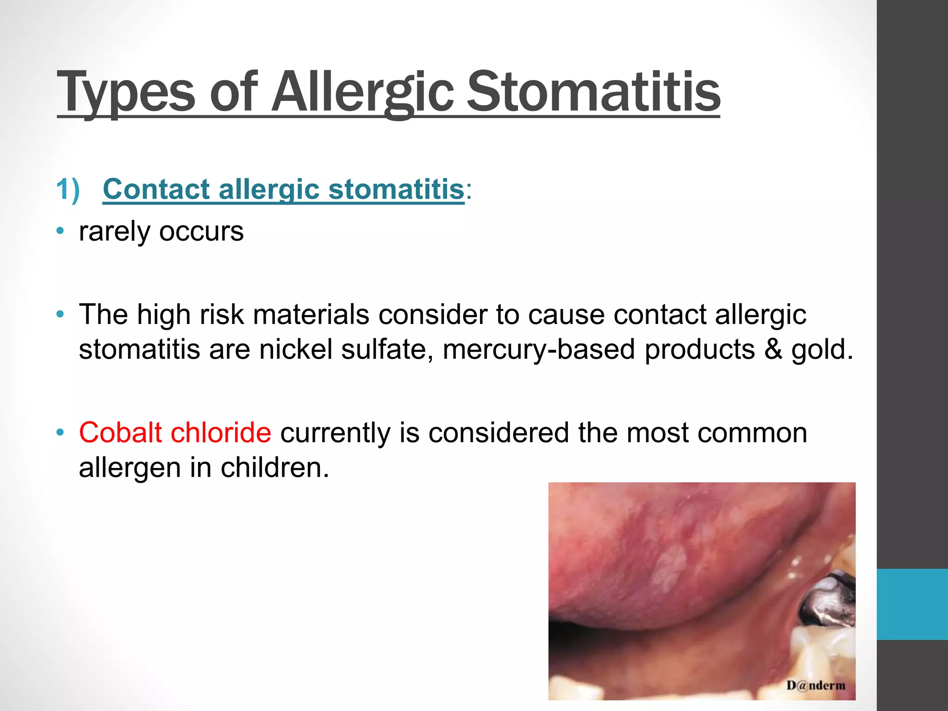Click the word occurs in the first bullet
click(x=201, y=231)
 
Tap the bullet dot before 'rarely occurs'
click(x=60, y=231)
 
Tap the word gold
click(x=821, y=349)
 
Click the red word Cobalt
click(x=120, y=433)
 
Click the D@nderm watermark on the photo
click(x=816, y=685)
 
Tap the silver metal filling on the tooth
click(x=826, y=602)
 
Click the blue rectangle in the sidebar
click(x=912, y=604)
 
